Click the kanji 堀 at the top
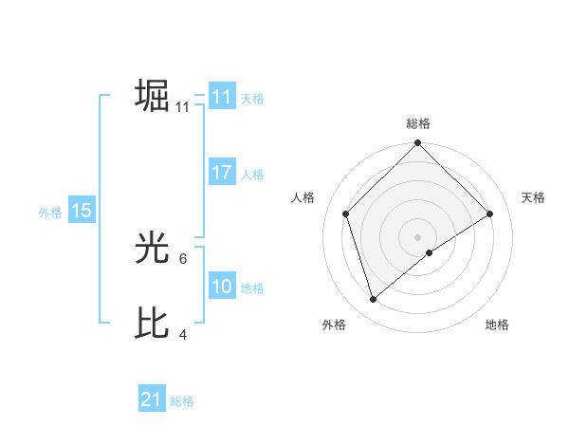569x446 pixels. point(152,97)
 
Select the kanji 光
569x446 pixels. point(152,250)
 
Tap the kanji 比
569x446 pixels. point(152,324)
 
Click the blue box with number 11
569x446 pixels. point(222,97)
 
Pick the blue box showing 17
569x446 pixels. point(222,173)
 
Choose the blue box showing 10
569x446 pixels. point(222,287)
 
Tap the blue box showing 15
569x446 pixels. point(82,211)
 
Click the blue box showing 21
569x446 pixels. point(152,400)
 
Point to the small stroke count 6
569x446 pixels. point(184,258)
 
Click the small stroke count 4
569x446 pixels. point(184,333)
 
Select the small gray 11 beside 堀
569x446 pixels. point(182,107)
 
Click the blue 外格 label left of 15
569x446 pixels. point(50,213)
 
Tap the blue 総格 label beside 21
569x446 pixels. point(182,401)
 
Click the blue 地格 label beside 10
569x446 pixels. point(252,288)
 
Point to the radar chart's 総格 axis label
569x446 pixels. point(418,123)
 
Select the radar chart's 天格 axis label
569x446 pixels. point(533,197)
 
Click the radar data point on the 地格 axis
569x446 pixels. point(430,252)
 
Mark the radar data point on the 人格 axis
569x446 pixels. point(346,214)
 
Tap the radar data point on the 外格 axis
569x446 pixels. point(374,299)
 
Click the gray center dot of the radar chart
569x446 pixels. point(418,236)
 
